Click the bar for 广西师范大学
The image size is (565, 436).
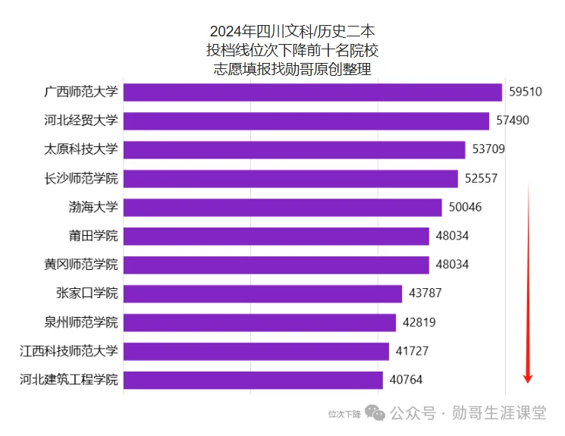click(312, 92)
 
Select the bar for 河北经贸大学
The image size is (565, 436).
click(306, 121)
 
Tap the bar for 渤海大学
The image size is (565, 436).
click(282, 207)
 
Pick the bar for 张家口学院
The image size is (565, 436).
click(262, 293)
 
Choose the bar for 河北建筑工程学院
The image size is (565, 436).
click(253, 380)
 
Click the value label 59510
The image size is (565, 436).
click(526, 92)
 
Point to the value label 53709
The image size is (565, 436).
click(488, 149)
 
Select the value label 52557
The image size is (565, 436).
click(482, 178)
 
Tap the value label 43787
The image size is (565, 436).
click(425, 293)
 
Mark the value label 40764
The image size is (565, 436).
click(406, 380)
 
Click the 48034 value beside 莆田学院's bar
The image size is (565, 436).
click(452, 236)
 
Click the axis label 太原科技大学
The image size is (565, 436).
click(81, 149)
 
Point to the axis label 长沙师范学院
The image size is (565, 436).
click(81, 178)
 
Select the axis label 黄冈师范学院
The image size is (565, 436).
click(81, 265)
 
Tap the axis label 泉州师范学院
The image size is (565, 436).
click(81, 322)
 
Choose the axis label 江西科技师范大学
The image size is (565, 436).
click(69, 351)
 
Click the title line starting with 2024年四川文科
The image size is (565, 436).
click(292, 32)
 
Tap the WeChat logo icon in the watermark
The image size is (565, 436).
click(375, 413)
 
